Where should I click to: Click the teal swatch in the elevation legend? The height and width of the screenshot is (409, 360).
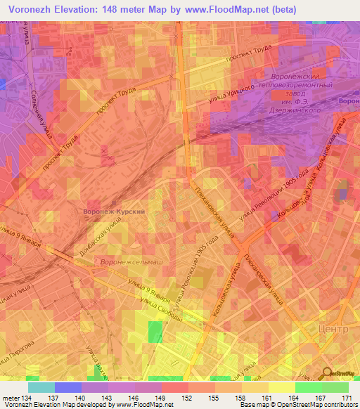pos(41,387)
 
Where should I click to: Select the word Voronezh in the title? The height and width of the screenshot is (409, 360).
pos(31,9)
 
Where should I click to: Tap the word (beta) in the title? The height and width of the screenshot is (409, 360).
pos(281,9)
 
